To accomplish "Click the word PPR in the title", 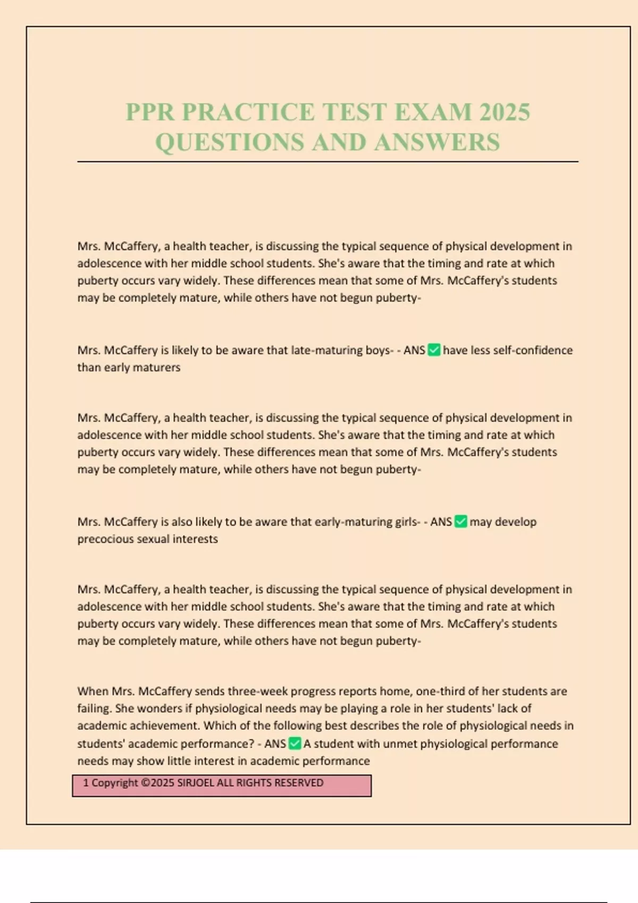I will pos(150,112).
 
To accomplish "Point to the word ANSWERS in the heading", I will pos(436,142).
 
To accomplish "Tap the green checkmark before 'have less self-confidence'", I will pos(434,350).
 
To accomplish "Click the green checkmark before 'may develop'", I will pos(461,522).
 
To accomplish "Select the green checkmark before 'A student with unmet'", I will pos(295,744).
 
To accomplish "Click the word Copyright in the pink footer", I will pos(115,783).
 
